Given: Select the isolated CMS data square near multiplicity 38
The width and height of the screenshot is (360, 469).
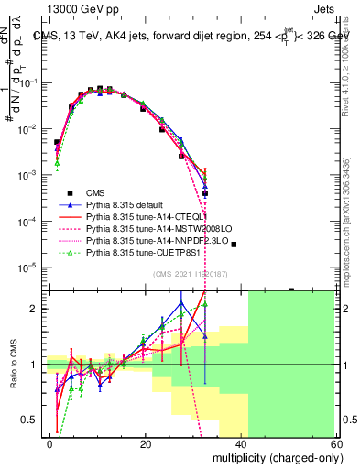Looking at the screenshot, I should click(x=234, y=245).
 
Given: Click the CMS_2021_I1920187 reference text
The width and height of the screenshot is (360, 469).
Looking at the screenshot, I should click(x=192, y=273).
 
